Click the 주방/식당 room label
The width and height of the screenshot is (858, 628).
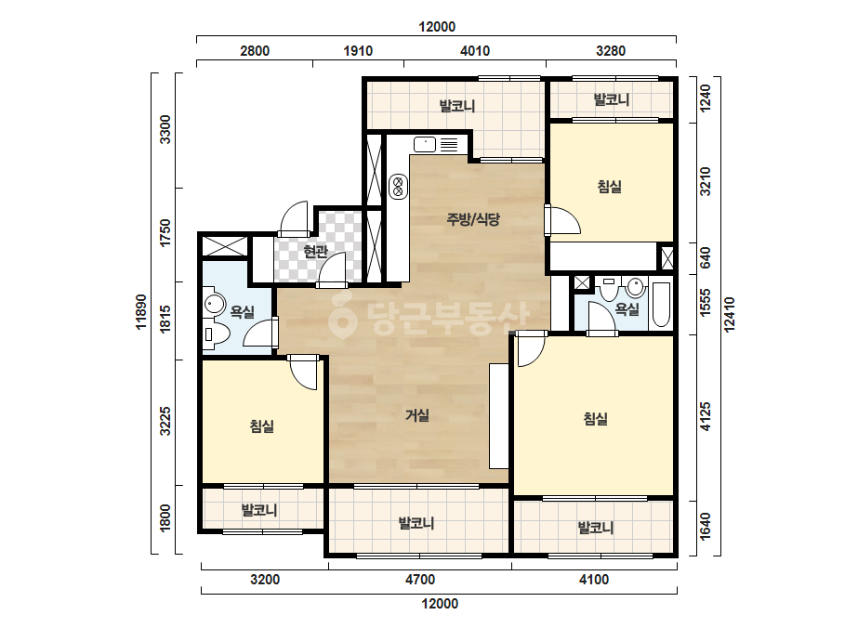coord(473,219)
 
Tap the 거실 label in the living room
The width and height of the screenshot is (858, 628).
coord(417,415)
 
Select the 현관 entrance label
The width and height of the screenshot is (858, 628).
coord(315,252)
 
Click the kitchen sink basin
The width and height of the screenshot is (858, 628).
coord(425,144)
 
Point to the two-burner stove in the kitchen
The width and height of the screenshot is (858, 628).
coord(399,187)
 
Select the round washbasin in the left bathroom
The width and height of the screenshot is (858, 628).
coord(215,304)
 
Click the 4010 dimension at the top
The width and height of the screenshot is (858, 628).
coord(475,51)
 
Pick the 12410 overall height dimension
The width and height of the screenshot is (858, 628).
coord(730,315)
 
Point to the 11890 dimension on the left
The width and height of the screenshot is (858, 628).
coord(141,312)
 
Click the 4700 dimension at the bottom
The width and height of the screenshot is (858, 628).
coord(420,580)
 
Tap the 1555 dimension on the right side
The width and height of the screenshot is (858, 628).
coord(706,302)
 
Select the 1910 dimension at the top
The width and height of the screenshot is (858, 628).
coord(358,51)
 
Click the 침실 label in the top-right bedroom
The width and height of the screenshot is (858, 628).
coord(610,187)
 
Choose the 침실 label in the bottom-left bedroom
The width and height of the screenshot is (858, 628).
coord(261,426)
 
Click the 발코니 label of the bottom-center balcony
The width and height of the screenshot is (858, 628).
coord(416,523)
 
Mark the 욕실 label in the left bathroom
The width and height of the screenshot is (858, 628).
coord(243,312)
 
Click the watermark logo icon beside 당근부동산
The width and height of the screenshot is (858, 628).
coord(342,315)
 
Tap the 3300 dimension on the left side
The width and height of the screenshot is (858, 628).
coord(165,130)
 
